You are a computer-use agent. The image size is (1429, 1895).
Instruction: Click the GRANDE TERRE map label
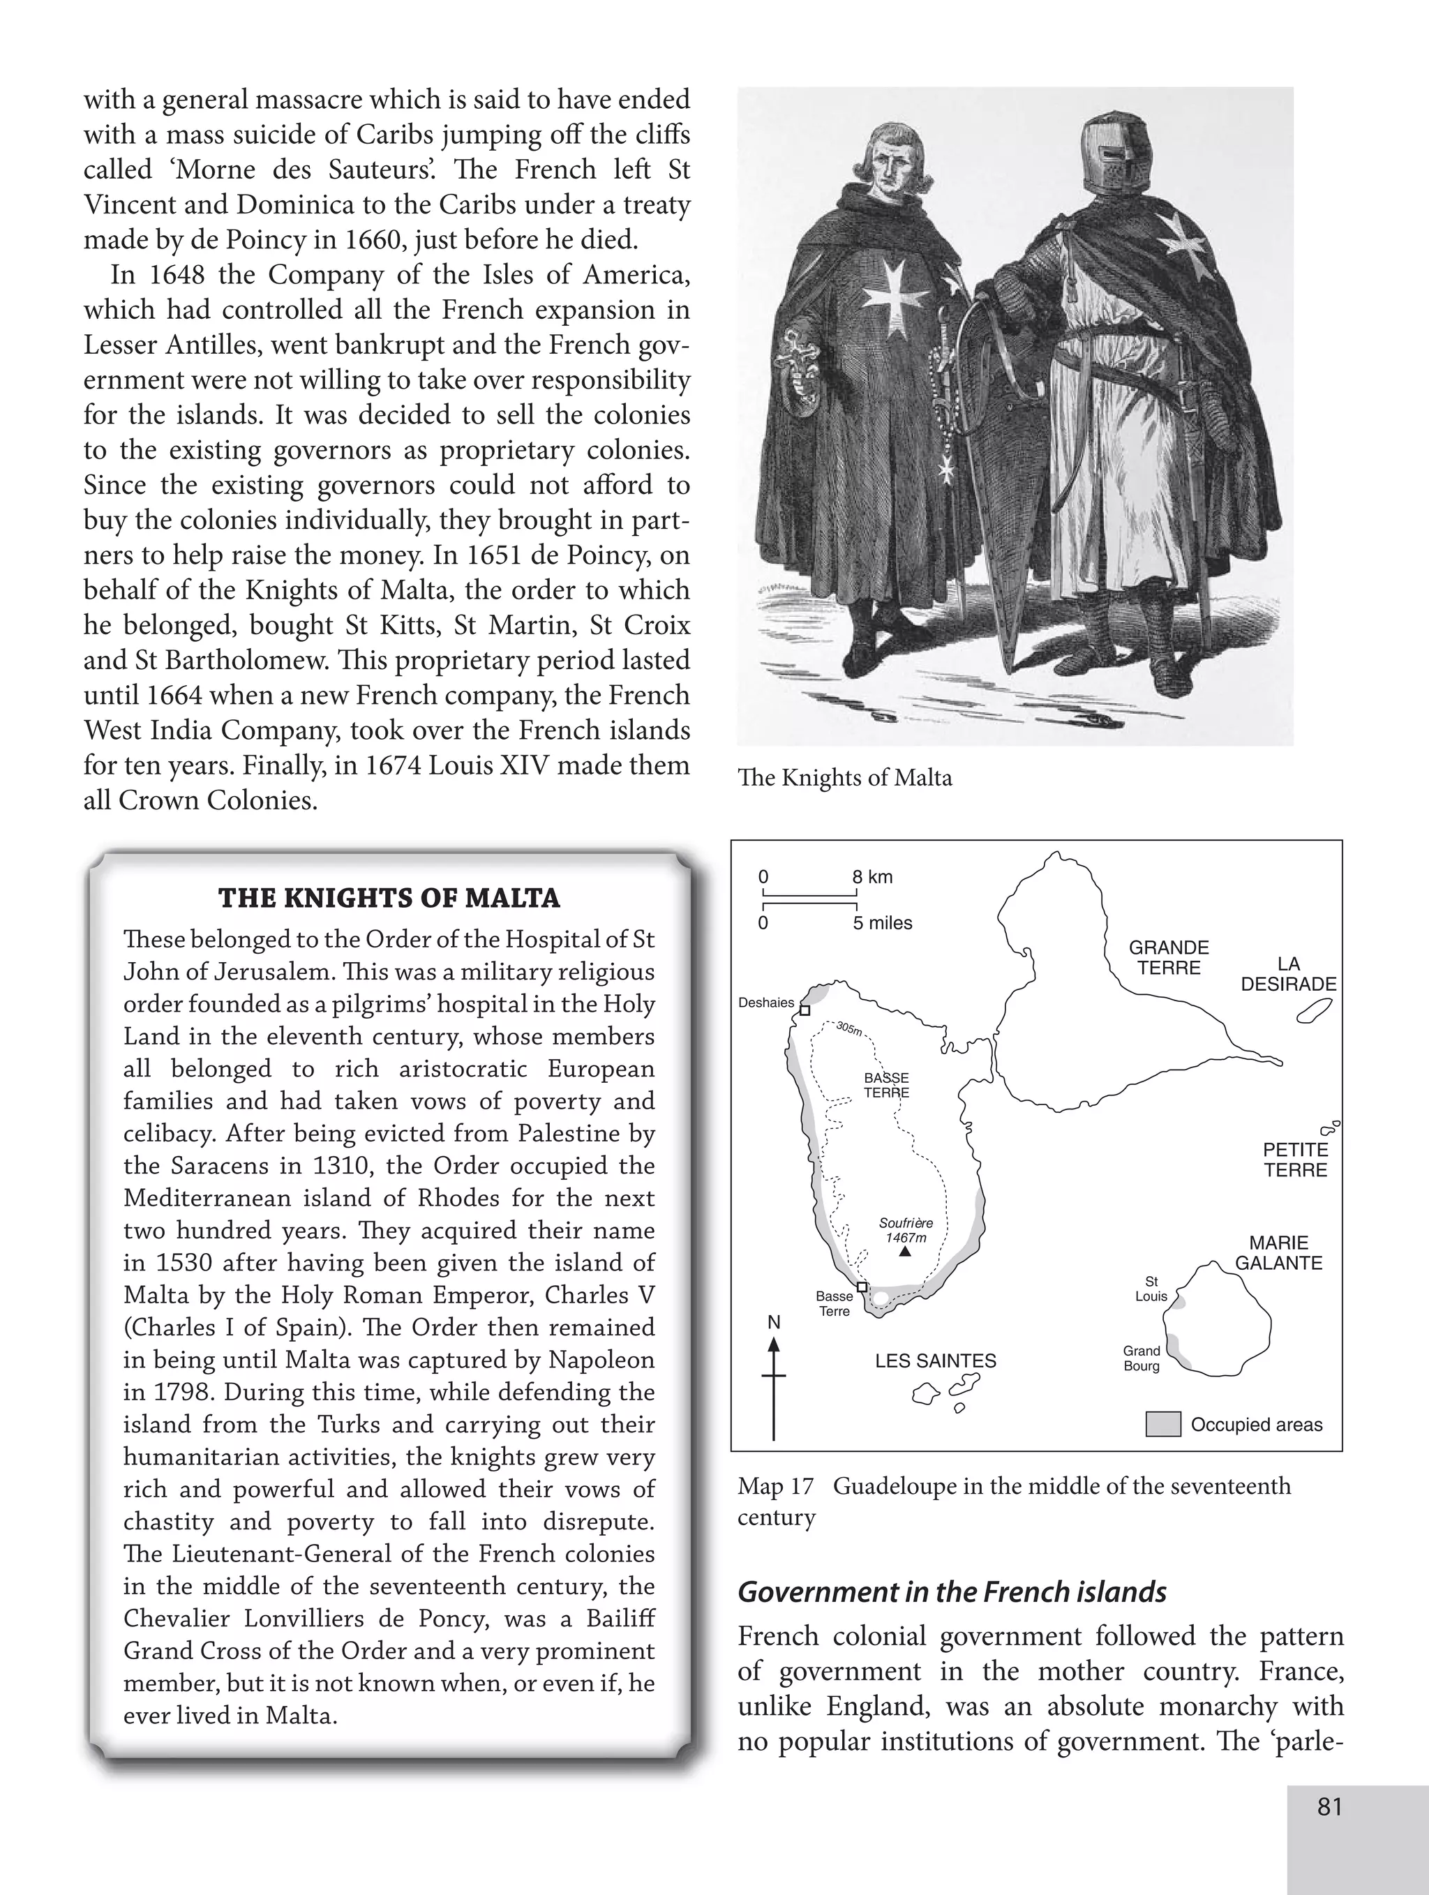coord(1169,958)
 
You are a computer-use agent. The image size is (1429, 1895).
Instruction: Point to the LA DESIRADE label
coord(1289,974)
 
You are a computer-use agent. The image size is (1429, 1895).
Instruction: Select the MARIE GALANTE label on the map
coord(1278,1252)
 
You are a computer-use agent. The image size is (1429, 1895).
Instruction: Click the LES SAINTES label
coord(936,1361)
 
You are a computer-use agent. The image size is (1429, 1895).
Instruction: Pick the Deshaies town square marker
coord(805,1010)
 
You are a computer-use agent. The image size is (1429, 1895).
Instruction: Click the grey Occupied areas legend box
coord(1162,1424)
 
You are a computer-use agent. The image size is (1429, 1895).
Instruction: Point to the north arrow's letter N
coord(774,1323)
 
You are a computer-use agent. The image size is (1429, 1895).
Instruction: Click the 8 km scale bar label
coord(872,876)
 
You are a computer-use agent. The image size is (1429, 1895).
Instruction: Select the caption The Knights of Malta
coord(844,778)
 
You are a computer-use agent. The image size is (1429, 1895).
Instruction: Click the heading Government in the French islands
coord(952,1591)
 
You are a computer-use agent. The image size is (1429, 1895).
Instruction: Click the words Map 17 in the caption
coord(775,1486)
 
